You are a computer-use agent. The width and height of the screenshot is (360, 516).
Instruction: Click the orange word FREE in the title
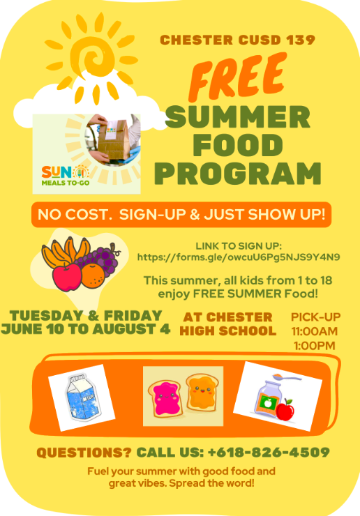237,77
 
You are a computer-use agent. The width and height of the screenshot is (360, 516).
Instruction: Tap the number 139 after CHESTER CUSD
301,40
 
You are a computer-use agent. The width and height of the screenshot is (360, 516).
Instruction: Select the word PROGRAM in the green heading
238,174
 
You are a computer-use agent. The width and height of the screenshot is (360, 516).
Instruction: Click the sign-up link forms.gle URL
239,257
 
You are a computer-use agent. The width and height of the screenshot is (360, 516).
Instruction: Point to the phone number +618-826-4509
269,453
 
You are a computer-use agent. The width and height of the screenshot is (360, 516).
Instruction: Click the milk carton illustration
82,397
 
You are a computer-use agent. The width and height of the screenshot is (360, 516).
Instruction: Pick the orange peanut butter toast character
202,392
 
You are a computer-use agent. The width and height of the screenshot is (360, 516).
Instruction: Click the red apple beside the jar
285,410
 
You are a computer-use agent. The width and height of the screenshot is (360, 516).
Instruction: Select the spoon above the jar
287,377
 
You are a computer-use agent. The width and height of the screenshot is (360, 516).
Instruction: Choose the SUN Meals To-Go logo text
65,176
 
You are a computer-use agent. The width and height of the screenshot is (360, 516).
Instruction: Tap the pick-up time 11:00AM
315,331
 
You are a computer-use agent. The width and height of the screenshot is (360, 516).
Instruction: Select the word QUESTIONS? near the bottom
84,453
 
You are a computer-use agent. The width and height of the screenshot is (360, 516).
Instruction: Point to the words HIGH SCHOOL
228,331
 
